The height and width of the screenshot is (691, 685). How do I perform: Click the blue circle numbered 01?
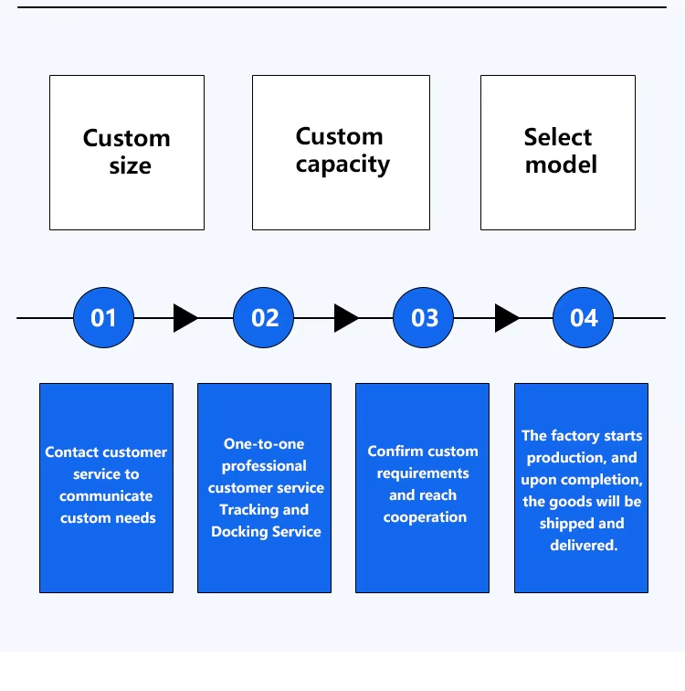coord(103,318)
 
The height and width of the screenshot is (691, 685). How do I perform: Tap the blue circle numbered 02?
coord(263,318)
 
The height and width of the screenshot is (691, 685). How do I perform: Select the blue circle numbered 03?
coord(423,318)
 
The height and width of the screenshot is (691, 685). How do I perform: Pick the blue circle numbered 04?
coord(583,318)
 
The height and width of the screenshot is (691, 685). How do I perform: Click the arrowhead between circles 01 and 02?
coord(185,318)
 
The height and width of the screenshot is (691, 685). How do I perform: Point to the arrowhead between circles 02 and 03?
coord(346,318)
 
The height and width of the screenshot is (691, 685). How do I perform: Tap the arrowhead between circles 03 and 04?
coord(507,318)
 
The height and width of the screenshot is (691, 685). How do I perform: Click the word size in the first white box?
coord(131,166)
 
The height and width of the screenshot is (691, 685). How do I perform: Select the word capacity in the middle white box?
coord(342,165)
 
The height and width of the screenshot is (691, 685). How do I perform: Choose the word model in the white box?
coord(562,165)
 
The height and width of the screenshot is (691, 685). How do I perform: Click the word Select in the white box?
coord(558,137)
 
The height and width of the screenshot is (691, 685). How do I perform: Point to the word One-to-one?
coord(264,444)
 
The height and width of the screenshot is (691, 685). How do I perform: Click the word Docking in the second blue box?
coord(239,532)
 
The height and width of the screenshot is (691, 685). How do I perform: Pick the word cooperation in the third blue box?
coord(425,517)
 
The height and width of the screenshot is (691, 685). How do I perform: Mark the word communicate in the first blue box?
coord(106,496)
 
